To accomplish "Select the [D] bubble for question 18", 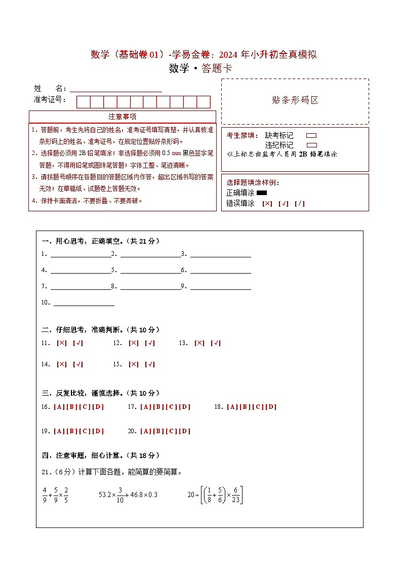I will pyautogui.click(x=271, y=407).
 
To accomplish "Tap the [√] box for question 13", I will pyautogui.click(x=216, y=343).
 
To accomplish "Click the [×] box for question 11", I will pyautogui.click(x=62, y=343).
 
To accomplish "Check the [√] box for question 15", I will pyautogui.click(x=150, y=364).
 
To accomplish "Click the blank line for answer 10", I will pyautogui.click(x=84, y=303).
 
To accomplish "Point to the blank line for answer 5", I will pyautogui.click(x=150, y=271).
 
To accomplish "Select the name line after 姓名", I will pyautogui.click(x=116, y=89).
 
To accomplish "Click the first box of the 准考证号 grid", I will pyautogui.click(x=83, y=102).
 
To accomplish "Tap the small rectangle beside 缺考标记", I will pyautogui.click(x=312, y=136).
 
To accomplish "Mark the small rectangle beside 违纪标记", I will pyautogui.click(x=312, y=145).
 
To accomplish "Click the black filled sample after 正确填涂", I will pyautogui.click(x=262, y=193).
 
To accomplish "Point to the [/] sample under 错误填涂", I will pyautogui.click(x=300, y=204).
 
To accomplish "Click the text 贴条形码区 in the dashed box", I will pyautogui.click(x=295, y=100).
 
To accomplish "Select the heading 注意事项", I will pyautogui.click(x=123, y=117).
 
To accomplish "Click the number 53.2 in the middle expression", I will pyautogui.click(x=105, y=495).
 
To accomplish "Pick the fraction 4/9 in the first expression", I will pyautogui.click(x=45, y=495).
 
